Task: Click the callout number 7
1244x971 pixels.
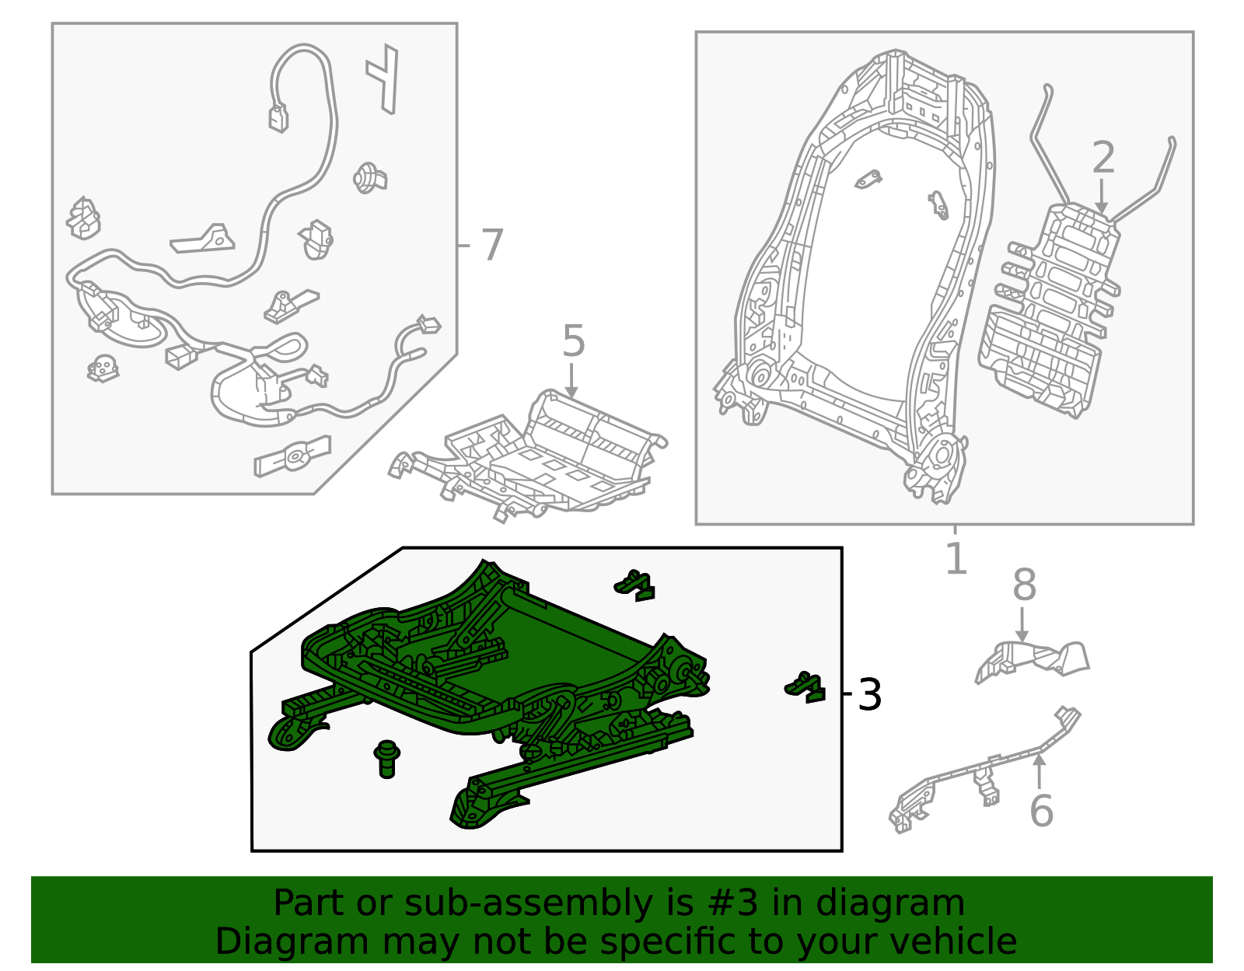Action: click(492, 245)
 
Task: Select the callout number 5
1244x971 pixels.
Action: click(574, 341)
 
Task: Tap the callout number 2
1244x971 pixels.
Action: click(1103, 157)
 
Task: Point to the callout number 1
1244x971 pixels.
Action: click(956, 558)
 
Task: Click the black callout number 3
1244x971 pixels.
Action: click(869, 695)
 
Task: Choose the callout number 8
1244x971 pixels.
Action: click(1024, 585)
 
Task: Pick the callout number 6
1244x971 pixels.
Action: click(1041, 811)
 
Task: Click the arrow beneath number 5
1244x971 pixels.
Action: click(571, 381)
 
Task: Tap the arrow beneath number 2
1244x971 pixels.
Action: click(1102, 197)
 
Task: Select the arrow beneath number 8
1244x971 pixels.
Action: click(1022, 624)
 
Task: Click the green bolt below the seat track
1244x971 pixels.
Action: click(387, 760)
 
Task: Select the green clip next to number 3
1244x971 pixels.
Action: click(805, 687)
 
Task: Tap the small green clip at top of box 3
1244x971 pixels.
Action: click(634, 585)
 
